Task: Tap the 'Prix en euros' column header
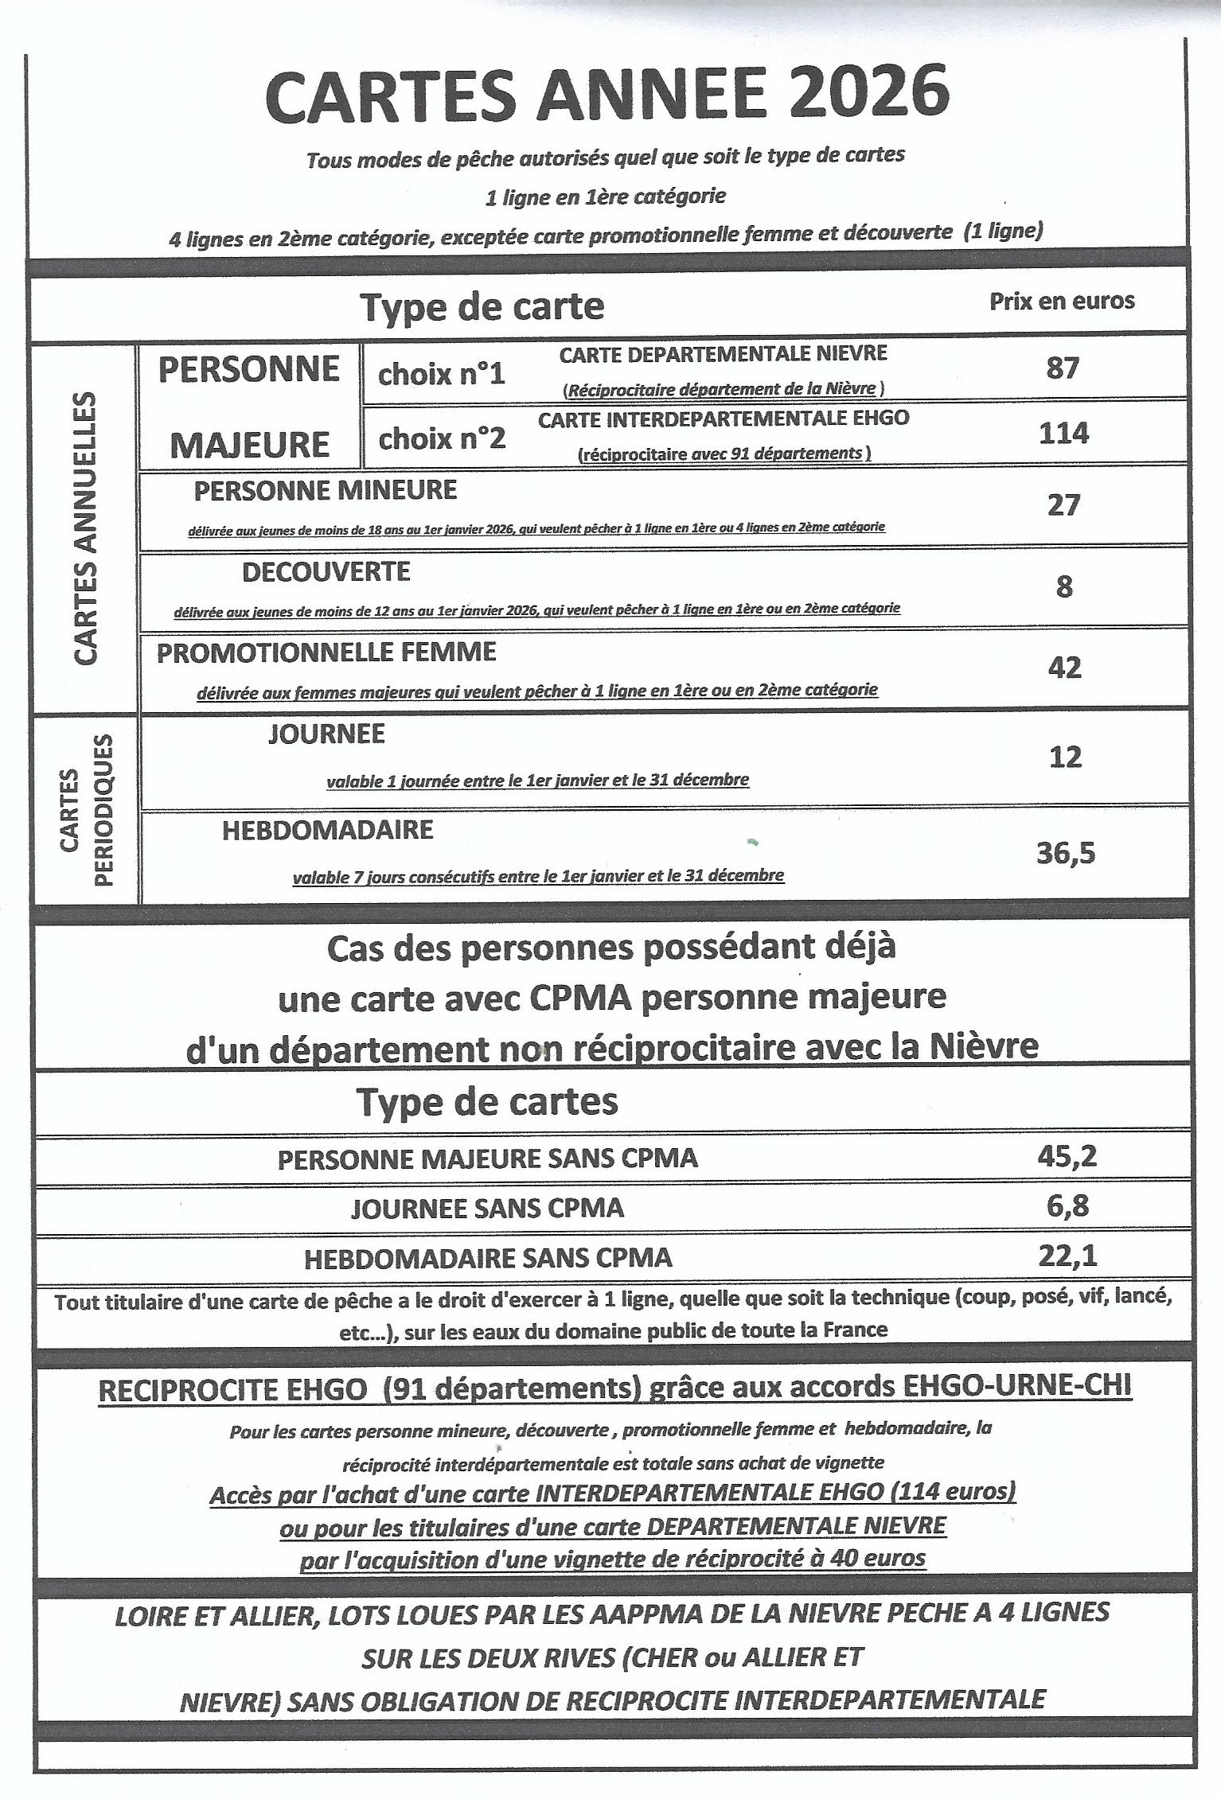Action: click(1062, 301)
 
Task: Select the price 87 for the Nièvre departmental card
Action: click(1063, 368)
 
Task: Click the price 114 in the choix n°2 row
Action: click(1063, 434)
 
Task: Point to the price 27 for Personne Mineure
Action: click(1063, 505)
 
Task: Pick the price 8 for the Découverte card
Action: click(1064, 587)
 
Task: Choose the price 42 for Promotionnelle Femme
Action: click(1064, 668)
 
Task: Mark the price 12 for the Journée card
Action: click(1065, 756)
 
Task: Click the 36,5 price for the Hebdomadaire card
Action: click(1066, 853)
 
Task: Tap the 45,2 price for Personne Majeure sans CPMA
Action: click(1067, 1156)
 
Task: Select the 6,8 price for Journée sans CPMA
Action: click(1067, 1206)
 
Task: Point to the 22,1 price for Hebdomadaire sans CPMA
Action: click(1067, 1256)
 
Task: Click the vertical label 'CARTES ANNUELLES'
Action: click(86, 528)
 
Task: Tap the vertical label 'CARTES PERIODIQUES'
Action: click(86, 810)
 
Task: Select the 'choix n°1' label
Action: click(441, 374)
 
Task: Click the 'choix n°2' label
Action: click(442, 438)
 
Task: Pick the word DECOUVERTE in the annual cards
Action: click(326, 571)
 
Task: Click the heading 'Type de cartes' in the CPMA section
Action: click(487, 1102)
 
